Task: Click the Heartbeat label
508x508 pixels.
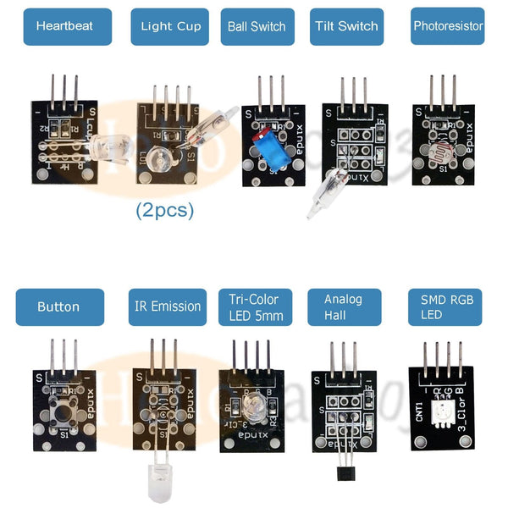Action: [x=64, y=26]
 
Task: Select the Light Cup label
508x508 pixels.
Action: [x=170, y=26]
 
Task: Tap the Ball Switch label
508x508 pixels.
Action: [x=257, y=26]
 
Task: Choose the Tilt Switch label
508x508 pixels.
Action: [x=346, y=26]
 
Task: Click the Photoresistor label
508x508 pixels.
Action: [x=448, y=26]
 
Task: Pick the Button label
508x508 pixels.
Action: [x=58, y=306]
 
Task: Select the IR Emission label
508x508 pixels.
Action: [x=168, y=306]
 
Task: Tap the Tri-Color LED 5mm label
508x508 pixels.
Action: [x=256, y=306]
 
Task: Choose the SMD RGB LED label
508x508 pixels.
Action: [x=443, y=306]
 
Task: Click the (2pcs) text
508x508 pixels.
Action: [x=165, y=210]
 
